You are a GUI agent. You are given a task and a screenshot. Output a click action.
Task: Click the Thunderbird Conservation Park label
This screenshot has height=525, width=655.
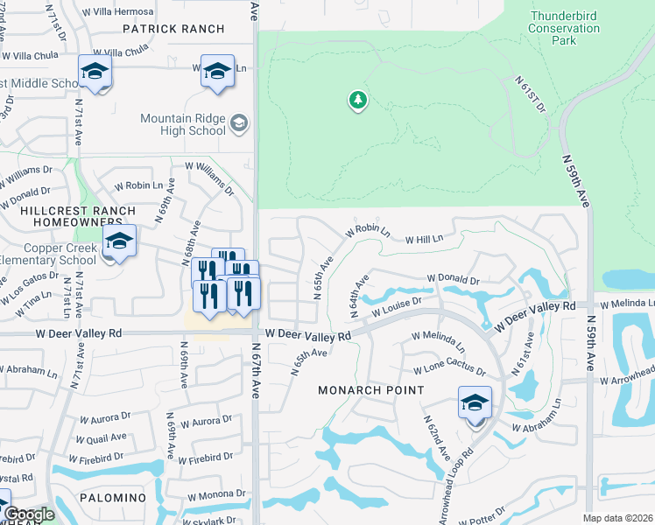(564, 27)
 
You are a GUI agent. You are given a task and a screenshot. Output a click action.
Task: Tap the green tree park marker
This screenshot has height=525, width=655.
(357, 101)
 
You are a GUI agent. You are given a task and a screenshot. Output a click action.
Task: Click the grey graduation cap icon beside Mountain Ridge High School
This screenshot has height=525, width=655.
(238, 124)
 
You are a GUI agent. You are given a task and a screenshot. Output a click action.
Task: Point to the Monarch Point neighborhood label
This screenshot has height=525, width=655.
(371, 389)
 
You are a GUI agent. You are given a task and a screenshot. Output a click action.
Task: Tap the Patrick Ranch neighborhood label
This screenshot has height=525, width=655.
(173, 29)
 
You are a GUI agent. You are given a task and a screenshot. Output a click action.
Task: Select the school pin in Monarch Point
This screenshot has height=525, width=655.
(475, 403)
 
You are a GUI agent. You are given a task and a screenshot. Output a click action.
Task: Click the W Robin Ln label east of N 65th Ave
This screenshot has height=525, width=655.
(367, 230)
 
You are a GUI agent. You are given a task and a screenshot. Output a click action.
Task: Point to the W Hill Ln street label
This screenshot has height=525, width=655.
(424, 238)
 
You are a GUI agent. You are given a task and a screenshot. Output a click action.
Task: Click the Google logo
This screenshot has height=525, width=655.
(29, 514)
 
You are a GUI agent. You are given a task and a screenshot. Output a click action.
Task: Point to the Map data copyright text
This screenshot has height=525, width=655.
(618, 518)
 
